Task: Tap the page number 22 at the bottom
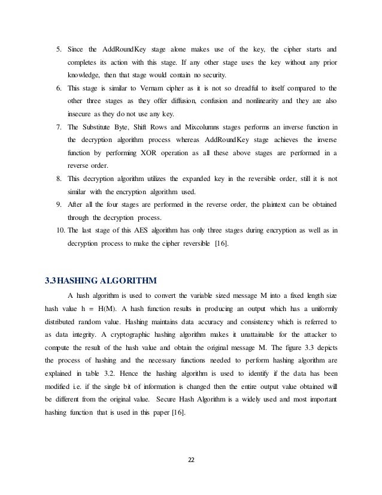coord(191,460)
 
